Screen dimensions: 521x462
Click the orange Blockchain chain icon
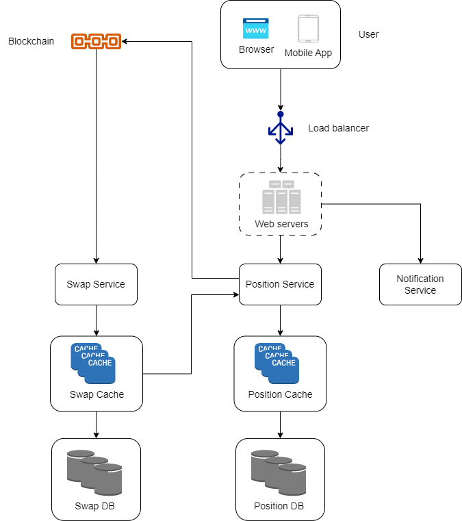click(96, 42)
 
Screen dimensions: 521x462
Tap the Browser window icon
click(256, 29)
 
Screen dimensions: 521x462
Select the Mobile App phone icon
click(308, 29)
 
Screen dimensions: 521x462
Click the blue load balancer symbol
click(280, 127)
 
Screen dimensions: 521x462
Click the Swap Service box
click(96, 284)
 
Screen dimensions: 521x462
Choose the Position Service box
click(280, 284)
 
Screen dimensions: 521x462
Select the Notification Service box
click(420, 284)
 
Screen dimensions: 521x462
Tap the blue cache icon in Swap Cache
click(93, 364)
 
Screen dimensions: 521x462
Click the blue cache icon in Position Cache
click(277, 364)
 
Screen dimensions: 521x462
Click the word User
click(368, 34)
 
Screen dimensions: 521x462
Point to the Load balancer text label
click(338, 128)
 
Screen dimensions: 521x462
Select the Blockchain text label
click(31, 42)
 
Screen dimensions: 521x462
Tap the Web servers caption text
click(281, 224)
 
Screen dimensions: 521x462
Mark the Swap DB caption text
click(97, 507)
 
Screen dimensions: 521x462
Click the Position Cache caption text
click(280, 394)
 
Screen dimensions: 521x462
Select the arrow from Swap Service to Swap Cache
click(96, 320)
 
